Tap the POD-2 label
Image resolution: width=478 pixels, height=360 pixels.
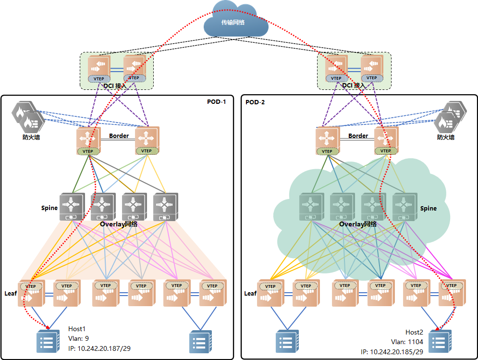[x=255, y=102]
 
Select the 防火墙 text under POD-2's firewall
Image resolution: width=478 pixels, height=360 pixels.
[x=446, y=137]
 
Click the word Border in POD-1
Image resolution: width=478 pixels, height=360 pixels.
[x=119, y=136]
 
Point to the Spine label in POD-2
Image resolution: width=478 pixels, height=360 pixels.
[x=429, y=208]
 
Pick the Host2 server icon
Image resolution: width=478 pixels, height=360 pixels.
[x=440, y=342]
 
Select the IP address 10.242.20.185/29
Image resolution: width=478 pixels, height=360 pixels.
[x=392, y=352]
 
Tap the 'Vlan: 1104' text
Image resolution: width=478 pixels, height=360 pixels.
[x=407, y=342]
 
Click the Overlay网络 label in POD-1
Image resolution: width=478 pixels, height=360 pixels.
[x=119, y=224]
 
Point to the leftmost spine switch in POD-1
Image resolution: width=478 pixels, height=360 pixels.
[x=72, y=207]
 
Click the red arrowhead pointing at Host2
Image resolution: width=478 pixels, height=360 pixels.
[x=438, y=329]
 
